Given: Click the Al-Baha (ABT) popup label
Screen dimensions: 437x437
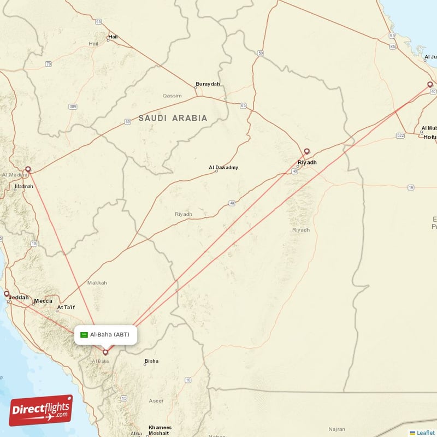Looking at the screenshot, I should tap(110, 334).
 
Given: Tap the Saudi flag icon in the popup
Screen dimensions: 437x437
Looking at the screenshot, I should tap(85, 334).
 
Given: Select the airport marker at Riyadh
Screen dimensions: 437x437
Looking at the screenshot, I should tap(307, 152).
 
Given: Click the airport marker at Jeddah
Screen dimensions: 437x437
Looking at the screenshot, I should tap(7, 294).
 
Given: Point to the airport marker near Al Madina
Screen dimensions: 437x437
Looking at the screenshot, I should tap(28, 169).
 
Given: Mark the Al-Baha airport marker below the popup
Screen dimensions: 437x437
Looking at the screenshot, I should tap(105, 352).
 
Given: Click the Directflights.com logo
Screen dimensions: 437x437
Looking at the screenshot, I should tap(41, 410).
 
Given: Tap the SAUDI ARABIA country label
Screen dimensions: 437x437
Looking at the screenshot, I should tap(173, 118).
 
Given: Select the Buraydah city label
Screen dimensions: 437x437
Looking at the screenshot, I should tap(208, 84).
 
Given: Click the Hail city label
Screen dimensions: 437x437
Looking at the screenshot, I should tap(113, 37).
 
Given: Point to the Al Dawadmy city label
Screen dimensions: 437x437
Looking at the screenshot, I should tap(223, 168).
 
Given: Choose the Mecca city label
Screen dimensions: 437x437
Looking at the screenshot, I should tap(43, 301).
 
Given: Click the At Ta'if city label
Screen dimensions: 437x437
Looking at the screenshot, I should tap(66, 308).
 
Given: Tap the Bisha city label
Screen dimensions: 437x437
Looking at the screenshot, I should tap(151, 361).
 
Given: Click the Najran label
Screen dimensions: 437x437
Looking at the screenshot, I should tap(337, 429).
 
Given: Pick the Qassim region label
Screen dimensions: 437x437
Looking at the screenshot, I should tap(172, 96).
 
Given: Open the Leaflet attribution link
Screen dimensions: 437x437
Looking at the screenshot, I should tap(425, 433).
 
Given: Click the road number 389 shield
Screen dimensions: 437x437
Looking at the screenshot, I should tap(73, 107).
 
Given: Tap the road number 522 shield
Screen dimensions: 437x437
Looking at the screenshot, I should tap(400, 134).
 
